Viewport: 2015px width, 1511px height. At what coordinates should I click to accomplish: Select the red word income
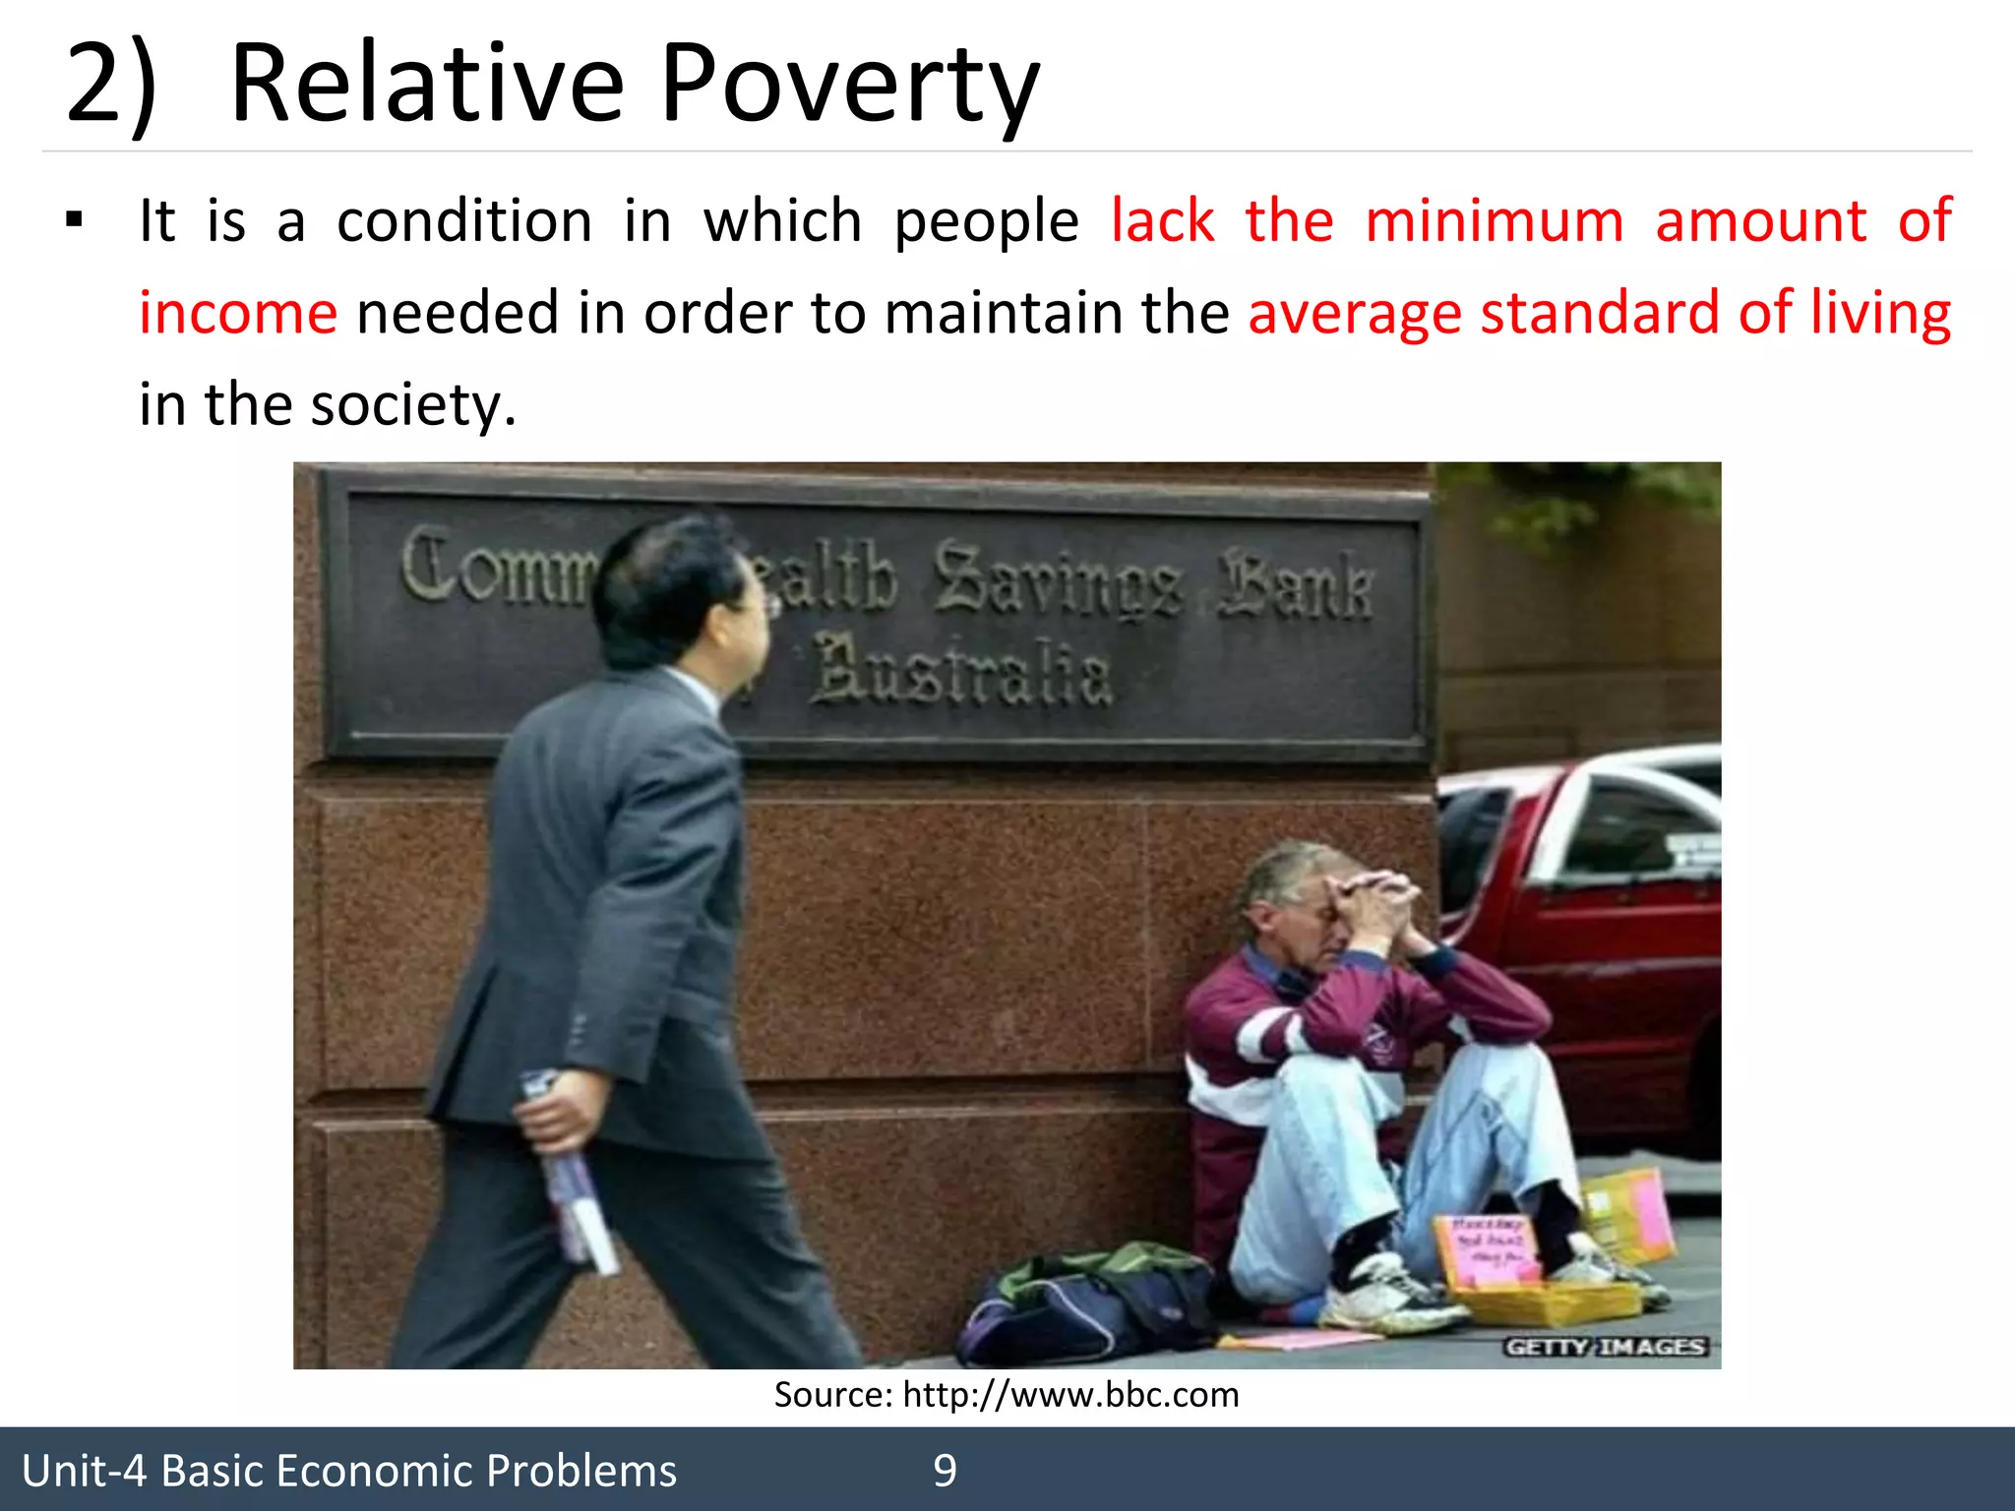click(238, 313)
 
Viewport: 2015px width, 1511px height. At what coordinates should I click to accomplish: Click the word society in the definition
click(411, 404)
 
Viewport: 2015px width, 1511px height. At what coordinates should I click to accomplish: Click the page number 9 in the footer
click(945, 1471)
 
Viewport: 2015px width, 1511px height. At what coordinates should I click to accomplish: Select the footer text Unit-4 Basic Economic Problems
click(349, 1471)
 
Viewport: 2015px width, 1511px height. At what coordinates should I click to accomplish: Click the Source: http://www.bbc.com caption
click(1006, 1395)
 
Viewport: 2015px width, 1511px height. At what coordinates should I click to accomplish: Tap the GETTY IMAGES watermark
click(1605, 1347)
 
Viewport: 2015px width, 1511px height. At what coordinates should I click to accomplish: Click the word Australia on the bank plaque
click(962, 671)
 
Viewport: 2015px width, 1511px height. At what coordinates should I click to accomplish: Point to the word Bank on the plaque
click(1295, 585)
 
